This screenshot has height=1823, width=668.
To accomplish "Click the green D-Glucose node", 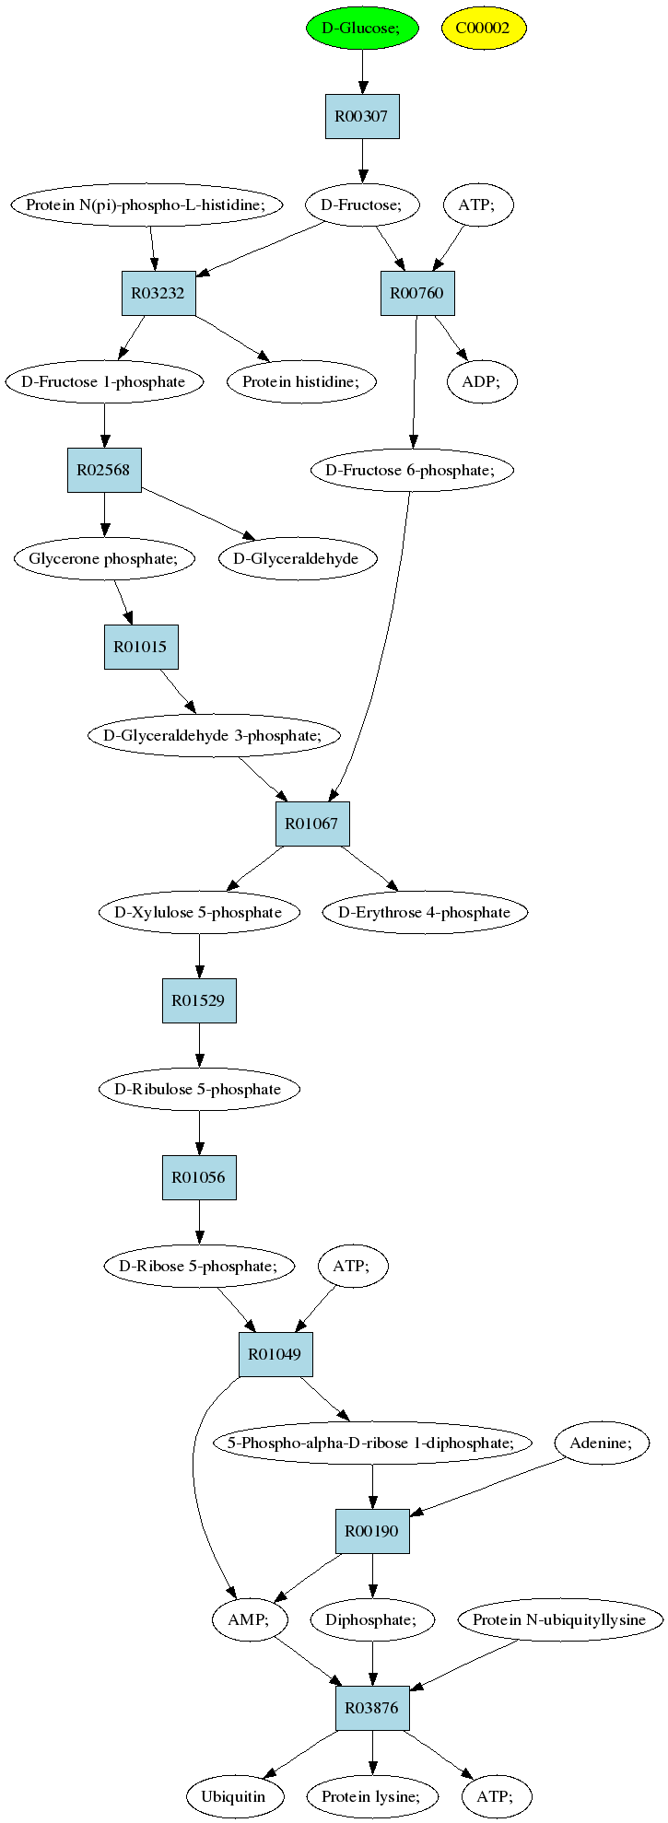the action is (362, 28).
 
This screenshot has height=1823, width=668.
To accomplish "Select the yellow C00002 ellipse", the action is (483, 28).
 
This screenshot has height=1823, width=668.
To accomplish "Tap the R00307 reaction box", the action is (362, 116).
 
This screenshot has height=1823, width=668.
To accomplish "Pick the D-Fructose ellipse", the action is (362, 205).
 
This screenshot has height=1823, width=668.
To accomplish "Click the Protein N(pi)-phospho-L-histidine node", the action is (146, 205).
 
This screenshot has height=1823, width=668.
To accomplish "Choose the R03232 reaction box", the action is (158, 293).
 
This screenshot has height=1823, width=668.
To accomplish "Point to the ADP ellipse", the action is (482, 381).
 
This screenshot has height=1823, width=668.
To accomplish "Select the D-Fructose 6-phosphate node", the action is (412, 470).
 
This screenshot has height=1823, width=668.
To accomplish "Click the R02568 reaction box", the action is (104, 470).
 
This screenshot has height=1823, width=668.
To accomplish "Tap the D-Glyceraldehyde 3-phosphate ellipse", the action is (213, 735).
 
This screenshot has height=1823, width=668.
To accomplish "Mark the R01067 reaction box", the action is (312, 824).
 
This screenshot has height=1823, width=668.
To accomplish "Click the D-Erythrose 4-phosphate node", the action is (425, 912).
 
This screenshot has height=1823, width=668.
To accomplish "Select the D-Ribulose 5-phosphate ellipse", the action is (199, 1089).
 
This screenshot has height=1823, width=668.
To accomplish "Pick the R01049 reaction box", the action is (275, 1354).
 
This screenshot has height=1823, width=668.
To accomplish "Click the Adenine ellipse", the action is (602, 1443).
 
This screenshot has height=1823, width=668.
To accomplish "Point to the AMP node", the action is (250, 1619).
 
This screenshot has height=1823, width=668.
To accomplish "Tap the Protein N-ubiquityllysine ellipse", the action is (559, 1619).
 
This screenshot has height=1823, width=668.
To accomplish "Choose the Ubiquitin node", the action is (233, 1796).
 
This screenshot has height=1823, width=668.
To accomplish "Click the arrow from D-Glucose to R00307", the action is (362, 72).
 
